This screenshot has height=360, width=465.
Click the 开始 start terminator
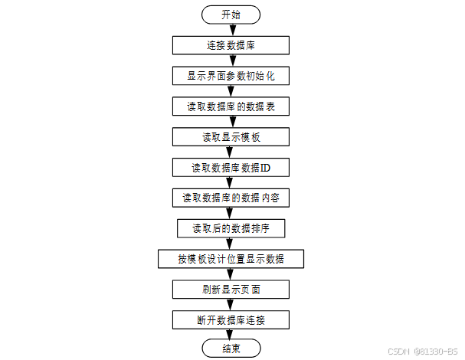tap(231, 15)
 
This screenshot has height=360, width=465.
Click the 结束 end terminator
tap(231, 349)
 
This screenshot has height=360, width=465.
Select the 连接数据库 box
tap(231, 45)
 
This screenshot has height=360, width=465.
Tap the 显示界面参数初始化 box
tap(231, 76)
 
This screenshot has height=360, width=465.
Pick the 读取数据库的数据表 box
tap(231, 106)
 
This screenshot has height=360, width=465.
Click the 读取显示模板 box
tap(231, 137)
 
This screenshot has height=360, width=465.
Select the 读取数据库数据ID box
tap(231, 167)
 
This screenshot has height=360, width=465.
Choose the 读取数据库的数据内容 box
tap(231, 198)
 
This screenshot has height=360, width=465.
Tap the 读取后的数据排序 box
tap(231, 228)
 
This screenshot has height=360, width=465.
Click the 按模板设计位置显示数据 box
tap(231, 259)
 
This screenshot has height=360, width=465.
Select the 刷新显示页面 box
tap(231, 290)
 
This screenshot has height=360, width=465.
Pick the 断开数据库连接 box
tap(231, 319)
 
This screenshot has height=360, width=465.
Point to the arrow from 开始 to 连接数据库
tap(231, 30)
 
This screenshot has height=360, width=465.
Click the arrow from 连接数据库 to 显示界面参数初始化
tap(231, 61)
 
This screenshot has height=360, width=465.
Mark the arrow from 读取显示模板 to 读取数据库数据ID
tap(231, 152)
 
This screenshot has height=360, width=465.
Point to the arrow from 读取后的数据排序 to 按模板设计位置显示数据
tap(231, 244)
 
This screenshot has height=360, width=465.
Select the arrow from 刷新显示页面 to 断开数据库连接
tap(231, 305)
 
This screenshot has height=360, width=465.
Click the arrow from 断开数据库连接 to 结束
tap(231, 335)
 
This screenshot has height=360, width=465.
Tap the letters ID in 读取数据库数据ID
tap(264, 167)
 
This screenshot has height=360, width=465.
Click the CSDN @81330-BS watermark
tap(423, 352)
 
